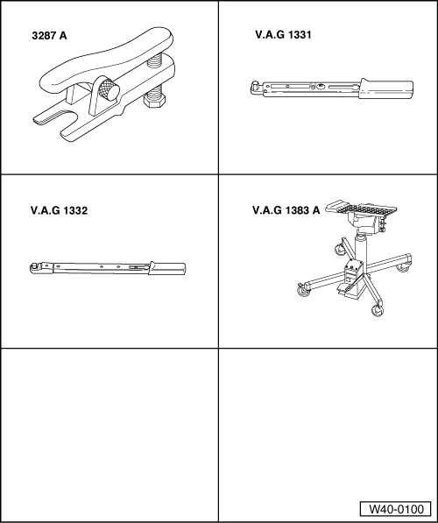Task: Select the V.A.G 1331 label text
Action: pyautogui.click(x=282, y=36)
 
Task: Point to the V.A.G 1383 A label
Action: pyautogui.click(x=286, y=210)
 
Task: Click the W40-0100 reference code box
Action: pyautogui.click(x=394, y=509)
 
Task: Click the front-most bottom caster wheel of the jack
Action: pyautogui.click(x=379, y=310)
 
